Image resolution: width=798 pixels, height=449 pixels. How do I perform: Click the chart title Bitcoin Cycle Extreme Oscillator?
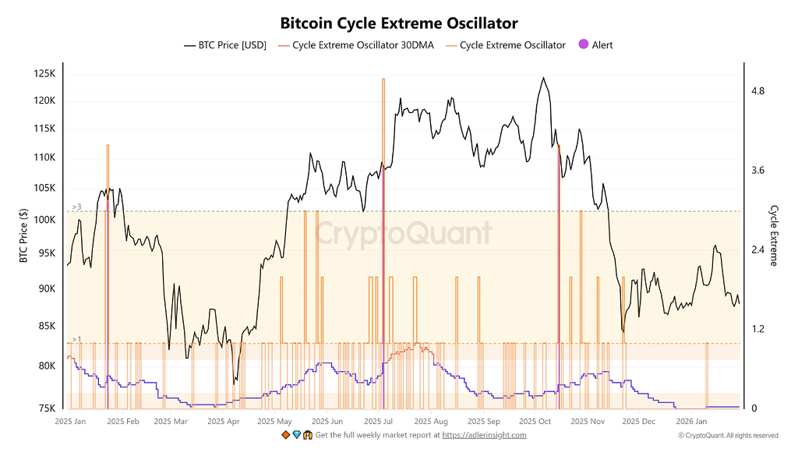click(399, 23)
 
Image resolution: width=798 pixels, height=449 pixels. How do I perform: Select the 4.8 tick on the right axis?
click(757, 91)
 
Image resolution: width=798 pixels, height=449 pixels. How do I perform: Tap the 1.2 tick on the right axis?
click(757, 329)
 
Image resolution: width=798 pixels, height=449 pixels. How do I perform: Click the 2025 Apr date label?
click(224, 422)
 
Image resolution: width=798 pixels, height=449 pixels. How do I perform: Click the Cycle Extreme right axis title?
click(774, 235)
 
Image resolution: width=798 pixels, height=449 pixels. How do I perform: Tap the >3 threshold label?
click(76, 207)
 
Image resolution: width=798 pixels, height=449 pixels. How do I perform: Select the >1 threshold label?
click(76, 339)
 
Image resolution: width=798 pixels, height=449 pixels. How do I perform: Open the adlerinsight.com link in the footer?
click(485, 435)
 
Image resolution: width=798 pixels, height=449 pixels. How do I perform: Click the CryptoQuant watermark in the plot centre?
click(404, 233)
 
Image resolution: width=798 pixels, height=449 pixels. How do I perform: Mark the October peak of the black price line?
click(542, 78)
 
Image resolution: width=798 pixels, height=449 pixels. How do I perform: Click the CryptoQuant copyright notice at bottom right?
click(728, 435)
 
